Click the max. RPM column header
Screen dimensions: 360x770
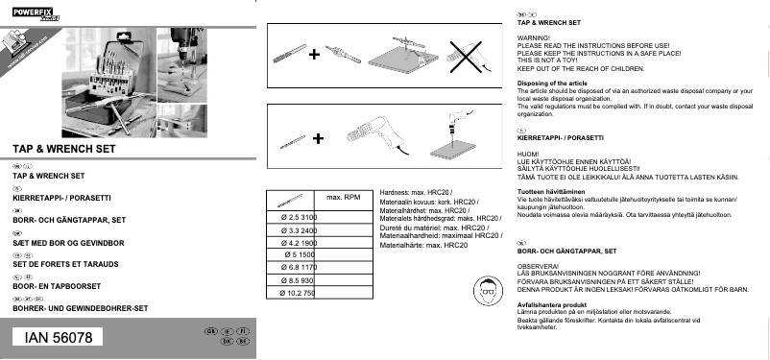point(343,198)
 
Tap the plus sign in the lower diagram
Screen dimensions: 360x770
point(318,139)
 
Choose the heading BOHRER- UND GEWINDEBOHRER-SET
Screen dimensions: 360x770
point(79,309)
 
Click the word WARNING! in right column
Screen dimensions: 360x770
point(533,36)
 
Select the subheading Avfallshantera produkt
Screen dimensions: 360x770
point(552,304)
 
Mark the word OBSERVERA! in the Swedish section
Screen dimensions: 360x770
point(538,264)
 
